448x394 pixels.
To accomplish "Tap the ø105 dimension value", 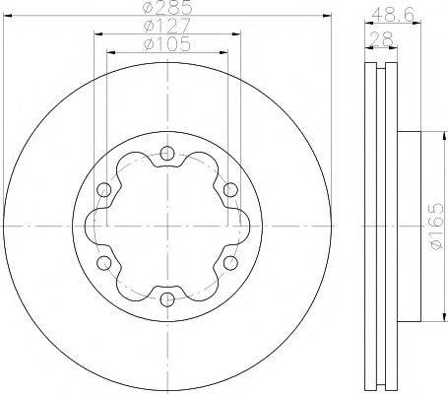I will point(165,45).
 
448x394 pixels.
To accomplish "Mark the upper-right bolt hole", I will point(229,189).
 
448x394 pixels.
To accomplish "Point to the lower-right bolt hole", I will point(229,262).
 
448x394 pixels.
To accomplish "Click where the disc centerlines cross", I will point(165,226).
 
